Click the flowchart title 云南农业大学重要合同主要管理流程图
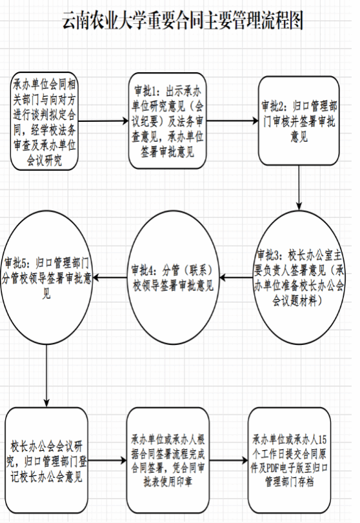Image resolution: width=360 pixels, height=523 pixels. [x=183, y=21]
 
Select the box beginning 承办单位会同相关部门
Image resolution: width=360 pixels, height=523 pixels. [x=45, y=121]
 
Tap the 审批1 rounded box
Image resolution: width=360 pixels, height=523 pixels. [x=168, y=121]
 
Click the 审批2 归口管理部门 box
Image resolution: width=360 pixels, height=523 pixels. [x=299, y=121]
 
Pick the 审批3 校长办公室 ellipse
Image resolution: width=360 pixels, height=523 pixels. [x=299, y=277]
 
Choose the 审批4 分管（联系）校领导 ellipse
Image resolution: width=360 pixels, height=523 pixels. [x=173, y=277]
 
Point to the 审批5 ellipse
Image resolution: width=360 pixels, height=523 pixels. [x=46, y=277]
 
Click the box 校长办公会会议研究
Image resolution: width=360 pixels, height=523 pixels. [x=46, y=461]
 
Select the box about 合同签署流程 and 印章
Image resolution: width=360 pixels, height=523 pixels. [x=168, y=460]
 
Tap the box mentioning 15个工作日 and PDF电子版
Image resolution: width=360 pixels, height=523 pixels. [x=289, y=460]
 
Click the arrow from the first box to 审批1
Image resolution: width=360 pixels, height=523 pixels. [x=103, y=121]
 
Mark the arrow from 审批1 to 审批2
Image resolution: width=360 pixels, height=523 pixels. [x=232, y=121]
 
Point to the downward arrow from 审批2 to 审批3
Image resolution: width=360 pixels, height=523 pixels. [x=299, y=188]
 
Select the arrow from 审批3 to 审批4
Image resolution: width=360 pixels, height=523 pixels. [x=235, y=277]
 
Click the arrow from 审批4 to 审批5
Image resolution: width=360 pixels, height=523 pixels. [x=110, y=277]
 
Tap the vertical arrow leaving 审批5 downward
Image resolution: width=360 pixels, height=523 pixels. [x=46, y=375]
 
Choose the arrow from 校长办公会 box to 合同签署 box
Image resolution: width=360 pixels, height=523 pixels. [x=108, y=461]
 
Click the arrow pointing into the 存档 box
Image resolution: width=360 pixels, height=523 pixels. [x=228, y=461]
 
